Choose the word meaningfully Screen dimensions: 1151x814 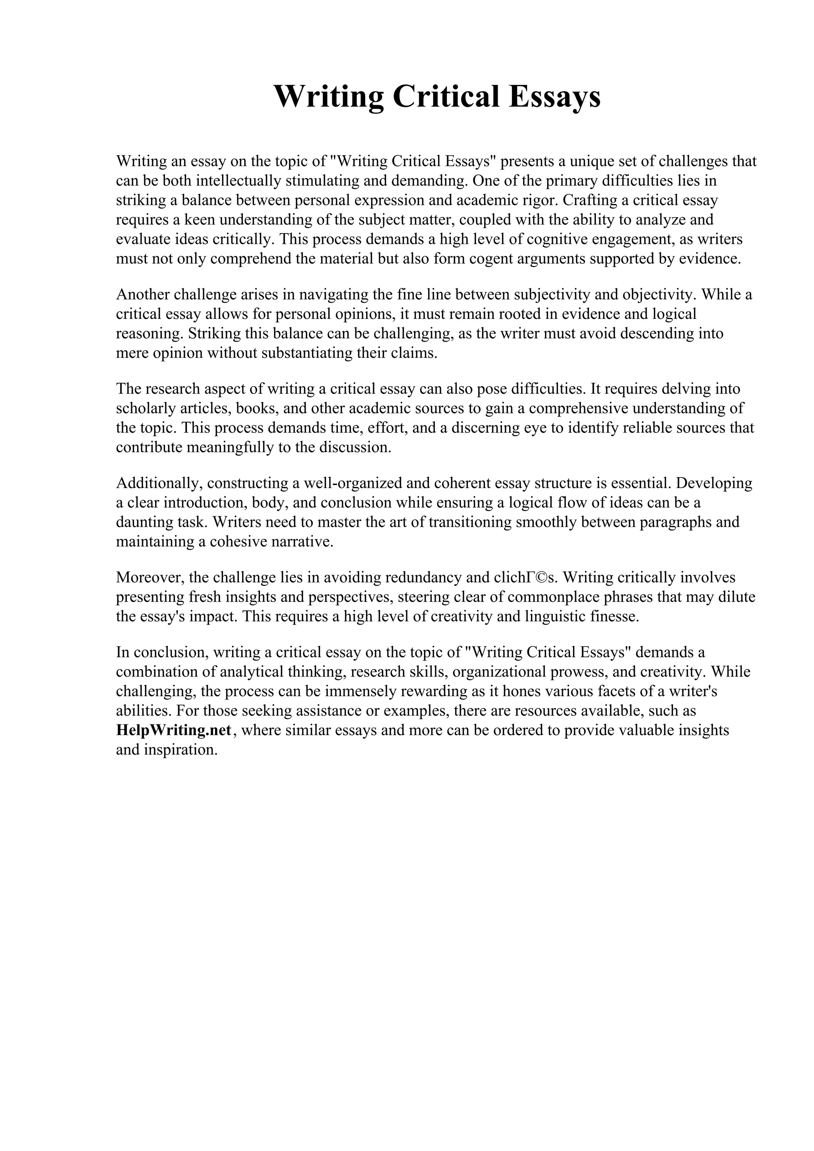pos(230,447)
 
